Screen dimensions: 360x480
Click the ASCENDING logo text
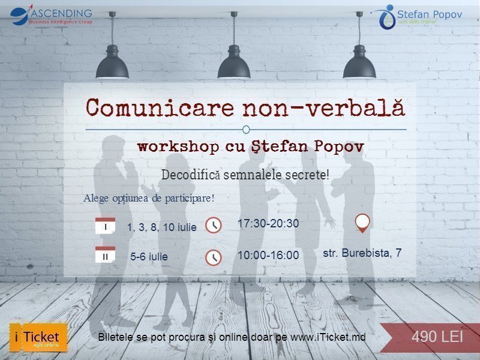pyautogui.click(x=60, y=13)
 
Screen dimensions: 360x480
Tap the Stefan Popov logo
pyautogui.click(x=420, y=16)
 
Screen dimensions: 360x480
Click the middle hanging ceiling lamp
pyautogui.click(x=234, y=63)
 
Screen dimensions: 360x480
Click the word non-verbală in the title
pyautogui.click(x=324, y=107)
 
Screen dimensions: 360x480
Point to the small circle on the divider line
pyautogui.click(x=246, y=129)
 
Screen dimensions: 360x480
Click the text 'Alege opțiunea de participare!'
pyautogui.click(x=149, y=198)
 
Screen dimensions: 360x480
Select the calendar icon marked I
pyautogui.click(x=105, y=226)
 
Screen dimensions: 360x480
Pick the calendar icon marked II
pyautogui.click(x=105, y=255)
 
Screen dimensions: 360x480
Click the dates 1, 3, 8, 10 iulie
pyautogui.click(x=161, y=227)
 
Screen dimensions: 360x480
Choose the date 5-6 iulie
pyautogui.click(x=149, y=256)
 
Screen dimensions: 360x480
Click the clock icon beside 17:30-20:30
pyautogui.click(x=213, y=226)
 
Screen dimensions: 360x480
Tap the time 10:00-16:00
pyautogui.click(x=268, y=255)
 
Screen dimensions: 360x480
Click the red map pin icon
pyautogui.click(x=362, y=223)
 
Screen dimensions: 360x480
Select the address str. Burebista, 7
pyautogui.click(x=362, y=253)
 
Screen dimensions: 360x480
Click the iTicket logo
pyautogui.click(x=38, y=337)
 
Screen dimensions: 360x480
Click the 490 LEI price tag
pyautogui.click(x=437, y=337)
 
